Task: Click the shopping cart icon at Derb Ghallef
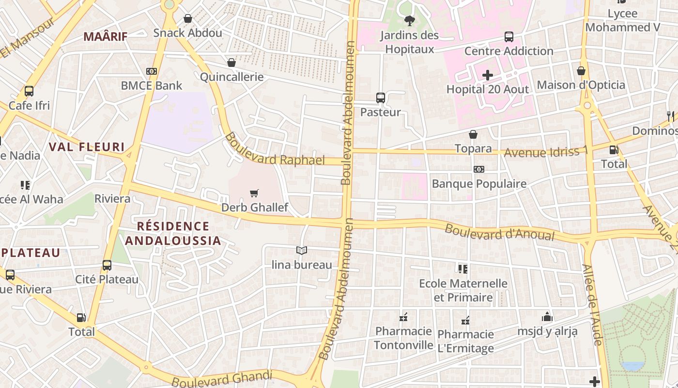click(254, 194)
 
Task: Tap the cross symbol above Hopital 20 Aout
click(488, 75)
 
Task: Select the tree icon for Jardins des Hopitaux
click(410, 20)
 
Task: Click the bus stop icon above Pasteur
click(381, 98)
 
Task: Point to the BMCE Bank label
click(151, 86)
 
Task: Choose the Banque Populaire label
click(478, 184)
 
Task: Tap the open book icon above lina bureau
click(302, 250)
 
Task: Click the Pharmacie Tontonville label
click(403, 338)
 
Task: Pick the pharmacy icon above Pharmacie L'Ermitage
click(466, 321)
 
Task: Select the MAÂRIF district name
click(106, 36)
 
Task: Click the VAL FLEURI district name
click(87, 147)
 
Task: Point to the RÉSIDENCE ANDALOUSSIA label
click(173, 233)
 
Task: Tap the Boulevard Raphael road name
click(275, 150)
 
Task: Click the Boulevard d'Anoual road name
click(499, 232)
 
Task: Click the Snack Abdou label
click(187, 33)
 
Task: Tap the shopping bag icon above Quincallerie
click(231, 63)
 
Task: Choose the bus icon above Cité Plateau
click(107, 265)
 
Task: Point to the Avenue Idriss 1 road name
click(546, 152)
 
